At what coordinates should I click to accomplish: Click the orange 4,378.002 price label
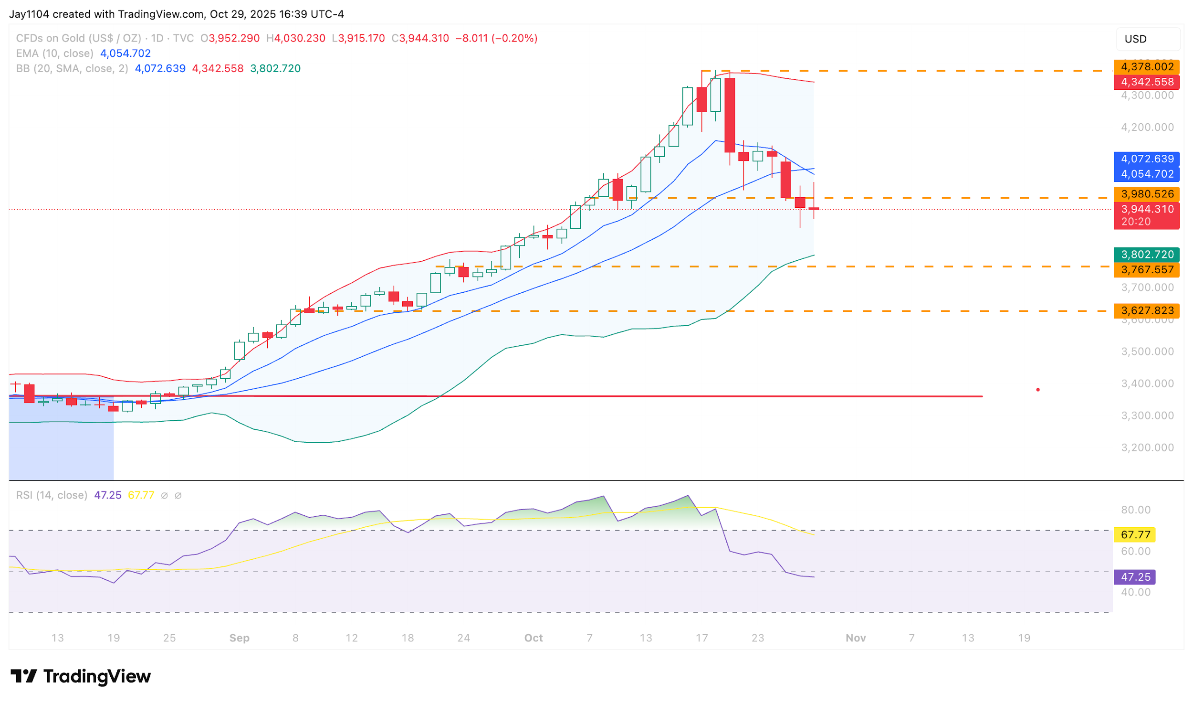1146,67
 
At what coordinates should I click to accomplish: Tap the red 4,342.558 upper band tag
1146,82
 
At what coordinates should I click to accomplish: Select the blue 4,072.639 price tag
1146,159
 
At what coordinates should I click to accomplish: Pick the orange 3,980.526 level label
1146,194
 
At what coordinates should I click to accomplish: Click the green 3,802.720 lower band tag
1146,255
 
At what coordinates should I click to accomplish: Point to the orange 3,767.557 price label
1146,270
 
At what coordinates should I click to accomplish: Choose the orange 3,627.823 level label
1146,311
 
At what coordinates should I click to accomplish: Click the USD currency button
1148,39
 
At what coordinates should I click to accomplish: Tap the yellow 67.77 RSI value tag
1135,535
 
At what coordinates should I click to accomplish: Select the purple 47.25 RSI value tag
1135,577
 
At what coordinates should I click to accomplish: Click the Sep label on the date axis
239,638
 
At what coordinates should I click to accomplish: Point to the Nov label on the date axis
856,638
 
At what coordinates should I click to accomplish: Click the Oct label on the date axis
534,638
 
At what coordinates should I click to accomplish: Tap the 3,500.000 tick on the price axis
1147,351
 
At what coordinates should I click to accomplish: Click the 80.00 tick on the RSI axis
1135,510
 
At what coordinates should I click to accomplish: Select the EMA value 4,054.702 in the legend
126,53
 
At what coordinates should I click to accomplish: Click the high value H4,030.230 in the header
296,38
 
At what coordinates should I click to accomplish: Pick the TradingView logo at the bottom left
81,676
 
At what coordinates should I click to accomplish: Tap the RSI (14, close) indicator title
52,495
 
